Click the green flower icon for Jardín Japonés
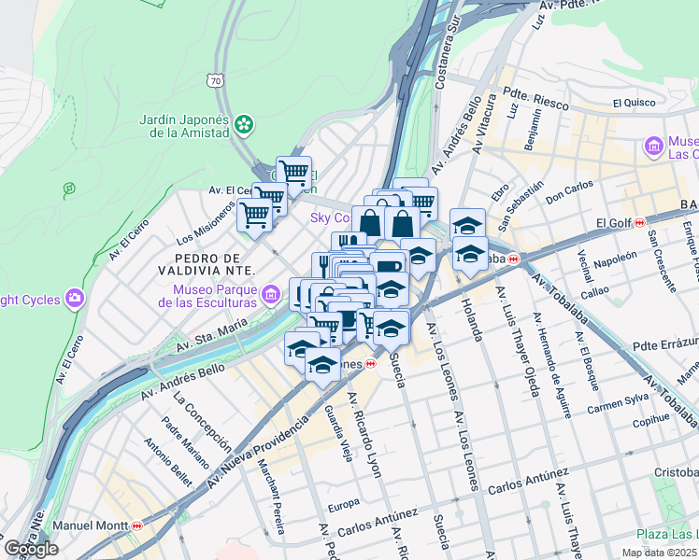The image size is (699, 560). pos(244,123)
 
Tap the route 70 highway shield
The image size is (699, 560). pos(217,81)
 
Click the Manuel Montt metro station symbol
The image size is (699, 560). pos(137,525)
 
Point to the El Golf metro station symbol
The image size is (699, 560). pos(639,223)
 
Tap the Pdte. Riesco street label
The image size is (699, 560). pos(535,99)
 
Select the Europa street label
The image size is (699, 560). pos(344,504)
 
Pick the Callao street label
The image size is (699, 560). pos(595,291)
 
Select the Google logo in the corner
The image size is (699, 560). pos(32,549)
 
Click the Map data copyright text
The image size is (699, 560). pos(659,553)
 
